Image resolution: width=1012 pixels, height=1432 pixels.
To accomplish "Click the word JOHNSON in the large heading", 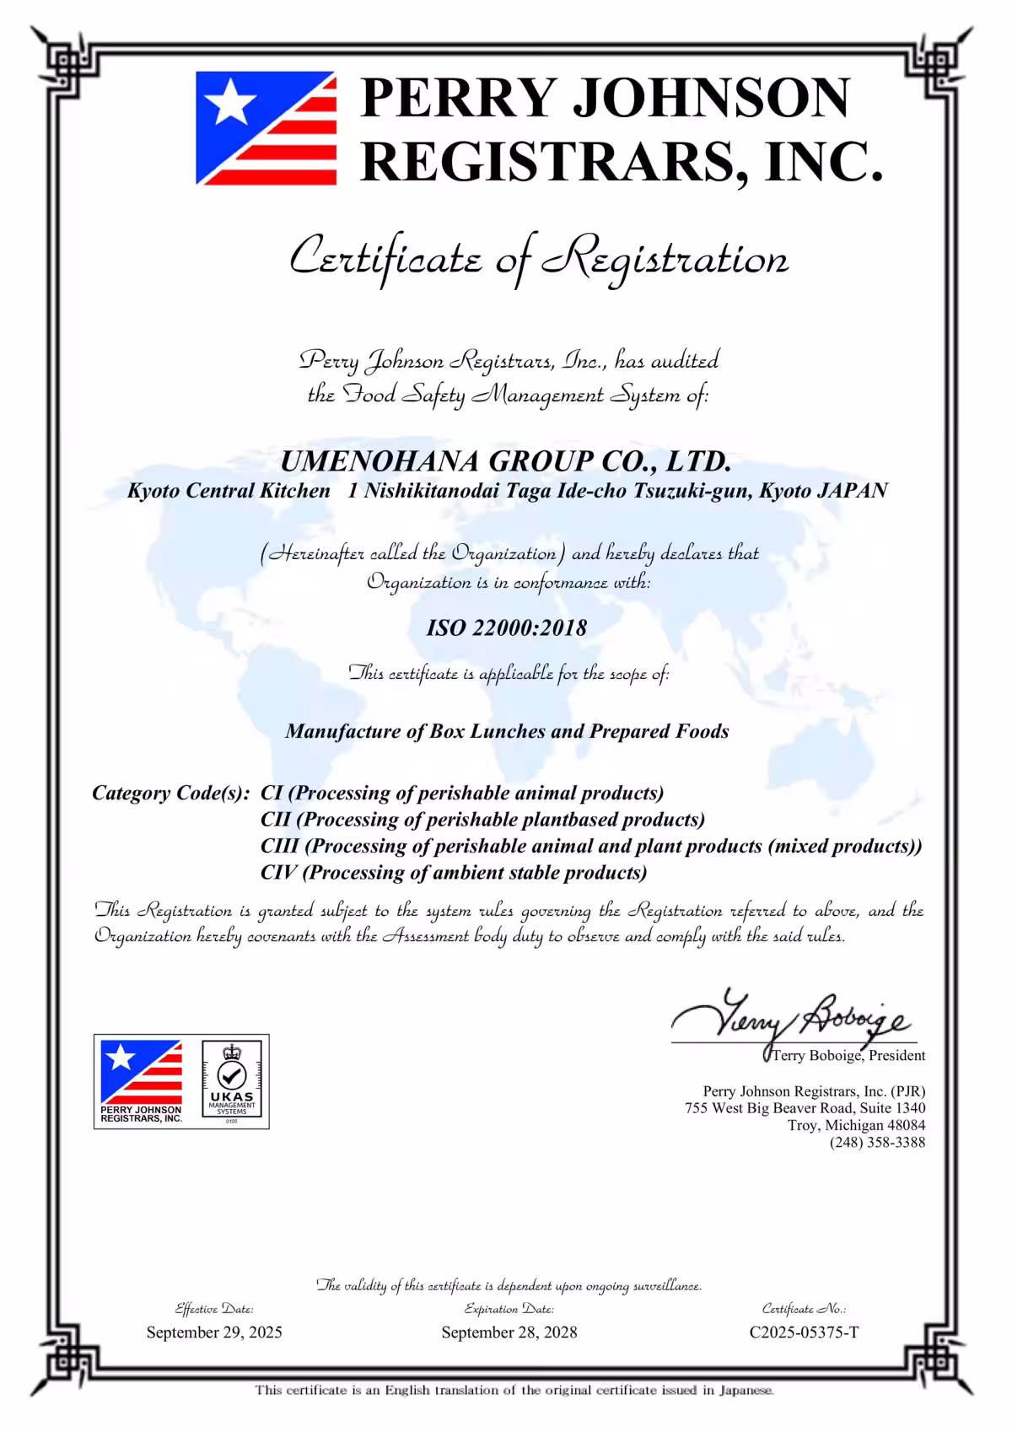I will click(x=711, y=98).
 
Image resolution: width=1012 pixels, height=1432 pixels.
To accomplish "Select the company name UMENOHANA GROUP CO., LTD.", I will click(x=505, y=461).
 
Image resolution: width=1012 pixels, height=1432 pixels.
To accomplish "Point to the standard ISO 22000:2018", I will click(x=506, y=627).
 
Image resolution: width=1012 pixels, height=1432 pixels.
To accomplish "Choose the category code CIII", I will click(x=280, y=846).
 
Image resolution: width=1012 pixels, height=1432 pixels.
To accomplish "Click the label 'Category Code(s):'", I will click(x=171, y=793).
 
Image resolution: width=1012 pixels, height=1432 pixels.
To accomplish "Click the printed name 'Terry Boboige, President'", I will click(x=848, y=1055).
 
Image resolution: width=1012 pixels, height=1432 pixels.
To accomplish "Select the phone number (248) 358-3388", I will click(x=877, y=1143).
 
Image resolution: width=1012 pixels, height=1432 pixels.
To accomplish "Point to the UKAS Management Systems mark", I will click(x=232, y=1082).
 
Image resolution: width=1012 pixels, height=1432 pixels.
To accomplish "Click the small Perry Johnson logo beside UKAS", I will click(x=141, y=1082).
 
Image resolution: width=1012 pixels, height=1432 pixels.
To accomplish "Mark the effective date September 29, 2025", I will click(x=214, y=1332).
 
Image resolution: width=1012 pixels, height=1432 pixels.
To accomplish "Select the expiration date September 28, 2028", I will click(x=509, y=1332).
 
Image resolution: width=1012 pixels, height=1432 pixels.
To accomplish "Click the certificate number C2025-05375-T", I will click(x=804, y=1332).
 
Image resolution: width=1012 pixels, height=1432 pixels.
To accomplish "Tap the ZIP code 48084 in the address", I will click(x=906, y=1125).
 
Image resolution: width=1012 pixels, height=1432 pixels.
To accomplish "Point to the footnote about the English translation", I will click(x=514, y=1390).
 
